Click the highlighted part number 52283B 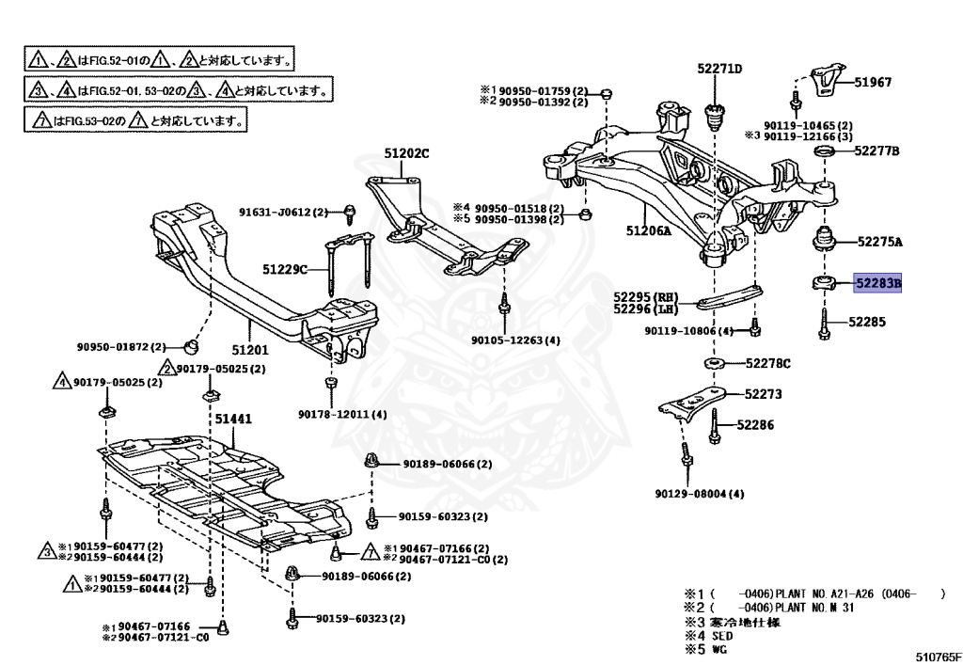click(x=876, y=283)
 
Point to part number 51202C click(x=405, y=153)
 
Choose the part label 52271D click(x=719, y=69)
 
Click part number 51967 click(x=873, y=83)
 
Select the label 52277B click(x=876, y=151)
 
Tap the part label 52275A click(x=878, y=242)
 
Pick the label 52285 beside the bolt click(x=866, y=322)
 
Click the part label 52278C click(x=767, y=363)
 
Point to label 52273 click(x=763, y=395)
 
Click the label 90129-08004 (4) click(x=700, y=494)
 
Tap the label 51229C click(x=285, y=270)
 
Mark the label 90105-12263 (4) click(x=515, y=340)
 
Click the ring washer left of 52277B click(x=825, y=152)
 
